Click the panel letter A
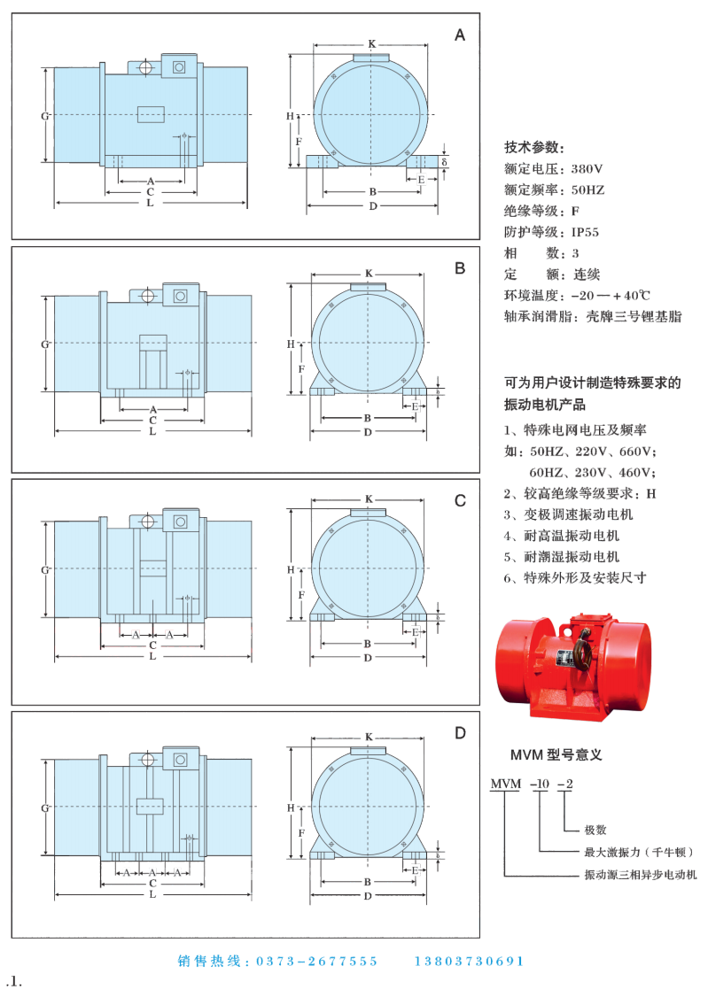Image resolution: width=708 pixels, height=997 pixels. [459, 35]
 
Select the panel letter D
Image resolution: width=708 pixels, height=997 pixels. [459, 733]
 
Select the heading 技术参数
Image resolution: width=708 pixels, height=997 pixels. [533, 147]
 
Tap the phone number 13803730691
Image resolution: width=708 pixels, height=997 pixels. [469, 961]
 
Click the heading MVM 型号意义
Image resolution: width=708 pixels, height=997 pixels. [556, 755]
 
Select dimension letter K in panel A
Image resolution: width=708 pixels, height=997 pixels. [371, 43]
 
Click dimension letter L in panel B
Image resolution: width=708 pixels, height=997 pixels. [152, 432]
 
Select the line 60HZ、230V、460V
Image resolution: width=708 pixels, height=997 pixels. [592, 472]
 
